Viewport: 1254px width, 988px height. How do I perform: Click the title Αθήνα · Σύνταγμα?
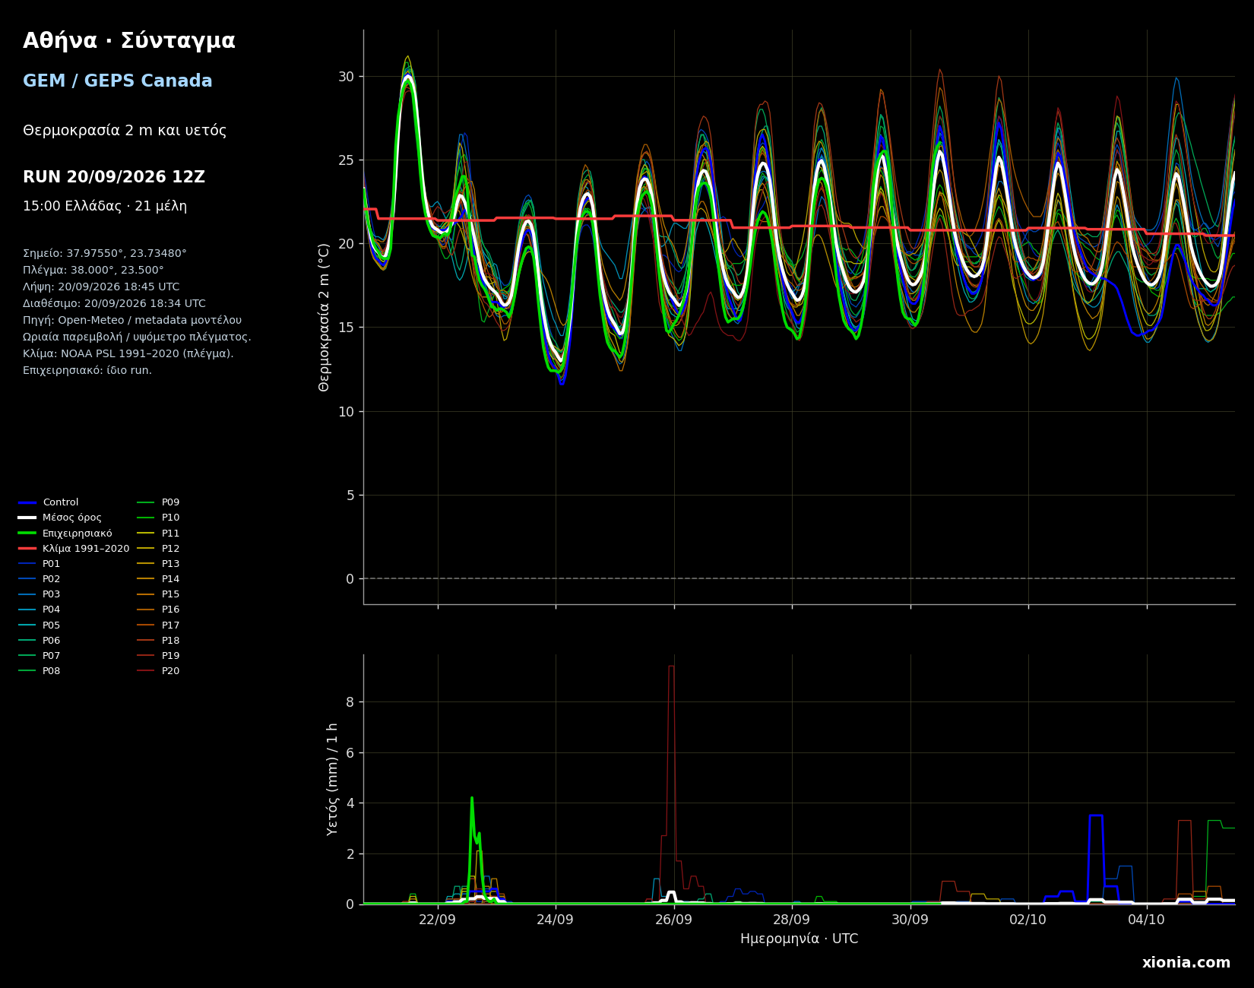(129, 41)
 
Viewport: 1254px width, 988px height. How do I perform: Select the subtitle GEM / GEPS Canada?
(118, 81)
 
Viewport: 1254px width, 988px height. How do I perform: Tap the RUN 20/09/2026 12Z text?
(114, 177)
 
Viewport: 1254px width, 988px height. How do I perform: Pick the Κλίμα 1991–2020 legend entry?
(74, 549)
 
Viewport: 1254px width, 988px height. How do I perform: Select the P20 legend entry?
(158, 671)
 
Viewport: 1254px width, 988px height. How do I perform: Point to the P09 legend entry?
(158, 502)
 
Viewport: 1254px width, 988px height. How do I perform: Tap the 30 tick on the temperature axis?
(346, 77)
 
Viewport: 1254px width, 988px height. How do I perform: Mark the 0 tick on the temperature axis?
(350, 579)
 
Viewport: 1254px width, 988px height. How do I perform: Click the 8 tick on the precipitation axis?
(350, 702)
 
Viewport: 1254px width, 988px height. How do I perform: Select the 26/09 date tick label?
(674, 920)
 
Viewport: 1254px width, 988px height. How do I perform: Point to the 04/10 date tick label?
(1147, 920)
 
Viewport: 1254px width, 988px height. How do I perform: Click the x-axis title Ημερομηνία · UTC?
(800, 939)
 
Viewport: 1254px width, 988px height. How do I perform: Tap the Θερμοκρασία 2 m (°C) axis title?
(325, 317)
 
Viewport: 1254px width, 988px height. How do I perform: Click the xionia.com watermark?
(1186, 963)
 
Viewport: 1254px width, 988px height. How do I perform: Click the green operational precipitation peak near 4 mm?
(472, 798)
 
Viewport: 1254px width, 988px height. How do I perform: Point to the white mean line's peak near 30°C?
(408, 77)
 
